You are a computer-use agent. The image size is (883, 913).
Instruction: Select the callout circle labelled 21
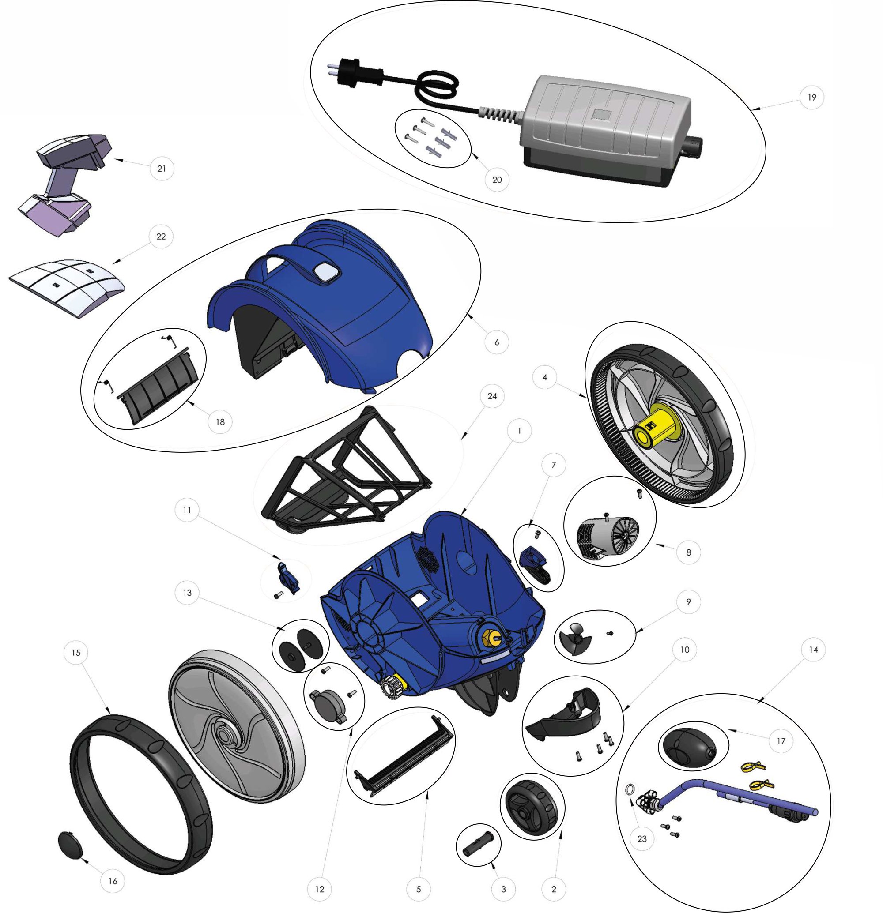[x=162, y=169]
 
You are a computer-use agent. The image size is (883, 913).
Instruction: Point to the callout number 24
[x=492, y=396]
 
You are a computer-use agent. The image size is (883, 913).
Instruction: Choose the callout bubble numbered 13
[x=187, y=593]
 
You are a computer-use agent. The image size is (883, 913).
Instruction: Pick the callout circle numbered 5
[x=419, y=889]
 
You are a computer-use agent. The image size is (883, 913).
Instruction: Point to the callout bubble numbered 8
[x=689, y=553]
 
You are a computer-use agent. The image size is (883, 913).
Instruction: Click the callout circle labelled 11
[x=187, y=510]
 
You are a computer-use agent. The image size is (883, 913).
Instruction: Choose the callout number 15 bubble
[x=76, y=653]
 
